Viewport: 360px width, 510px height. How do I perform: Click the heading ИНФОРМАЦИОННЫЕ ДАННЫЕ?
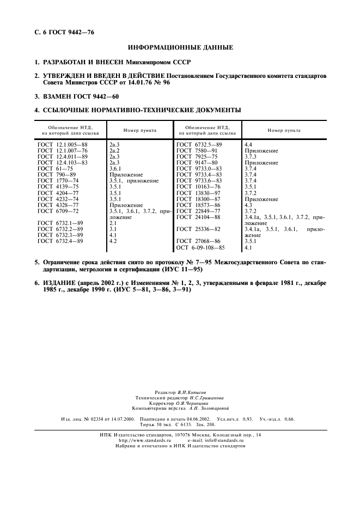click(180, 47)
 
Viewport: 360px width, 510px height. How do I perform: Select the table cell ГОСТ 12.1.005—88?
click(63, 144)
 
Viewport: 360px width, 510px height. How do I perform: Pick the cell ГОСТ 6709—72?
click(58, 211)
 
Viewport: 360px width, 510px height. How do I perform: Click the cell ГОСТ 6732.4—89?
click(60, 240)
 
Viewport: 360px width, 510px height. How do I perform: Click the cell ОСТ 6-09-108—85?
click(202, 248)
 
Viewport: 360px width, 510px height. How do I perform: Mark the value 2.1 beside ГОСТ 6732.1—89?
click(113, 223)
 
